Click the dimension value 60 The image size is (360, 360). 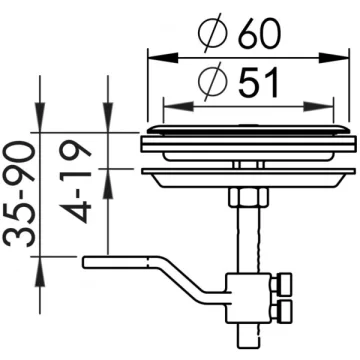tap(260, 34)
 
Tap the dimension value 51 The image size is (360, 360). tap(258, 83)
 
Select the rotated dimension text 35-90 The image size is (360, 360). tap(20, 194)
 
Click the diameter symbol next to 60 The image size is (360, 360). tap(213, 33)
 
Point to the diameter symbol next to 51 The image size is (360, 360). tap(212, 82)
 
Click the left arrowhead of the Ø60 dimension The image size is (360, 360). tap(162, 59)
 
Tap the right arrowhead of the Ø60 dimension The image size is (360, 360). tap(334, 59)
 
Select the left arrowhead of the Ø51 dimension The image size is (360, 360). tap(178, 107)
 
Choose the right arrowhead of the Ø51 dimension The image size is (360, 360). tap(318, 107)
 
